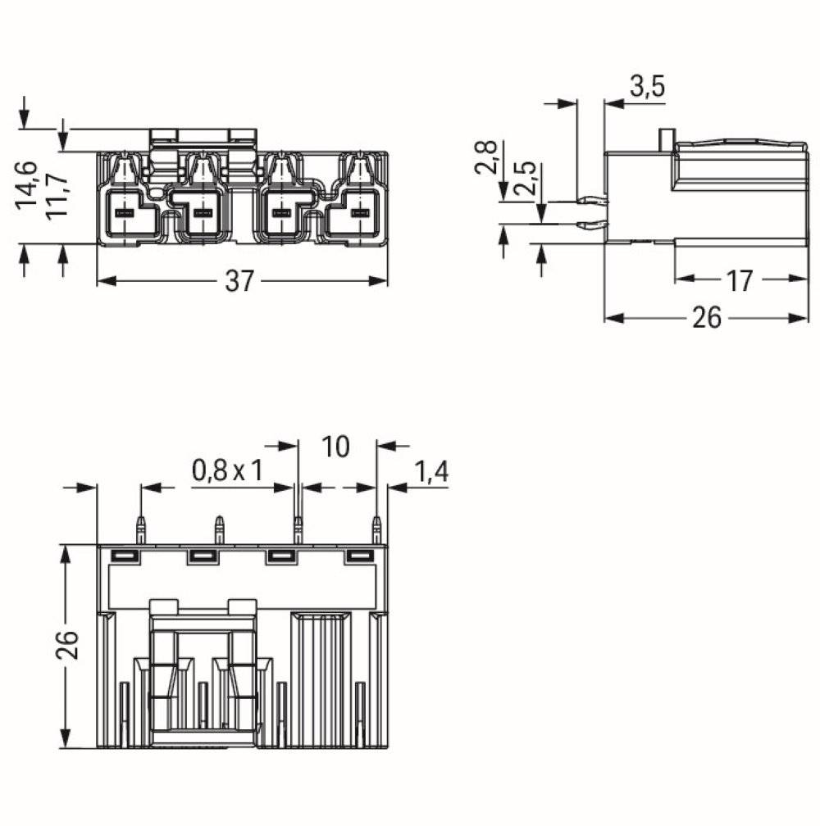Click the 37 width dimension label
[x=240, y=281]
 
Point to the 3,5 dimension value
[x=646, y=87]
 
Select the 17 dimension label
[x=739, y=280]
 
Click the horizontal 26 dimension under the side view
[x=705, y=318]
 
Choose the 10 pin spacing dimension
[x=335, y=447]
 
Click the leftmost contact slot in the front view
[x=124, y=213]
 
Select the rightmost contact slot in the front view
[x=357, y=213]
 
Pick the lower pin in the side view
[x=592, y=225]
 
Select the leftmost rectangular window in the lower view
[x=123, y=557]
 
